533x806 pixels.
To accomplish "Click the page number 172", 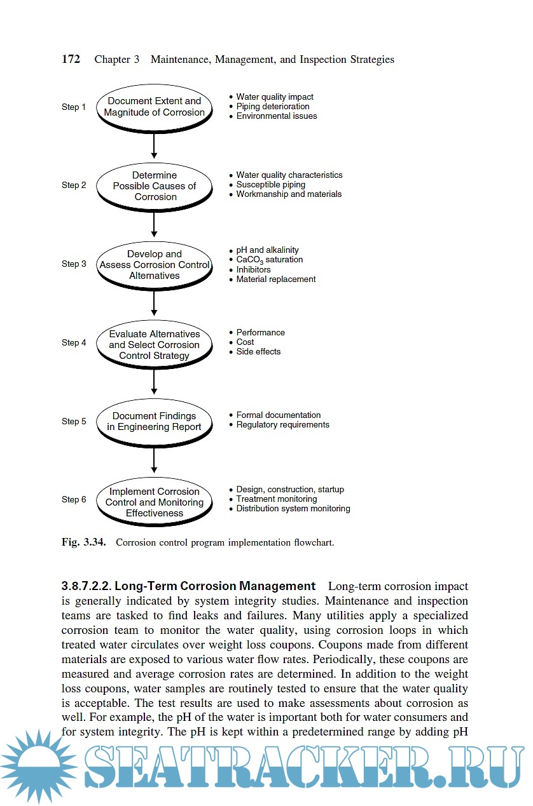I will click(71, 59).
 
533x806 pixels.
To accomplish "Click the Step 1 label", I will click(74, 107).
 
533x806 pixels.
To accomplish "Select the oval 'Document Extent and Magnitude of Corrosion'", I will click(154, 107).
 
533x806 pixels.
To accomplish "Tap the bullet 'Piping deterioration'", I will click(273, 107).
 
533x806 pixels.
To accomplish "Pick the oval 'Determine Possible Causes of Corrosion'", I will click(154, 186).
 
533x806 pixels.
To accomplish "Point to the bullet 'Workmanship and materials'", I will click(289, 194).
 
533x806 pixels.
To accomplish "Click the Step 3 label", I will click(74, 264).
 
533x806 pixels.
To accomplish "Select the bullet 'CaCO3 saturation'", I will click(269, 260).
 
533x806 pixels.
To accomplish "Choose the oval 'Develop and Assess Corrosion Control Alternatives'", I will click(154, 265).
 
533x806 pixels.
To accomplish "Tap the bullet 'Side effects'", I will click(258, 352).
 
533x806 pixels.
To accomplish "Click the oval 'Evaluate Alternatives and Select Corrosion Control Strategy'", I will click(154, 345).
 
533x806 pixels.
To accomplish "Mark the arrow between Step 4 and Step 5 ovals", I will click(154, 381).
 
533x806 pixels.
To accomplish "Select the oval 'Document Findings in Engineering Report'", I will click(154, 422).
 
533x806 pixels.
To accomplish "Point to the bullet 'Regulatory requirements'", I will click(282, 425).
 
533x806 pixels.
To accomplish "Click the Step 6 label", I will click(74, 500).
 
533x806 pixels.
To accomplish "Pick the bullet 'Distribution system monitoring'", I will click(293, 509).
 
